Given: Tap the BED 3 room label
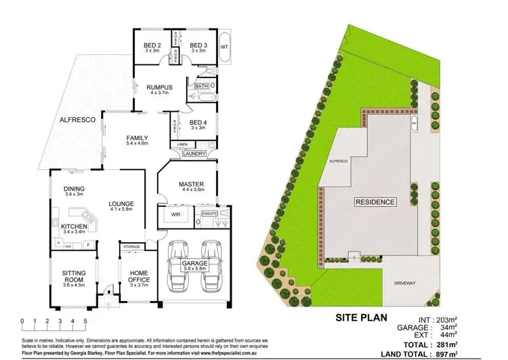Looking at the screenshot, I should click(198, 46).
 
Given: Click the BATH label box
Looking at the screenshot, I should click(202, 86).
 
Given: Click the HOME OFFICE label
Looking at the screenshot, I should click(139, 277).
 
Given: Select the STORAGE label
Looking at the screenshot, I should click(132, 247).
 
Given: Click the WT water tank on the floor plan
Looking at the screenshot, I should click(224, 37).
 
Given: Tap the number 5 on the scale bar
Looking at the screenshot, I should click(86, 320).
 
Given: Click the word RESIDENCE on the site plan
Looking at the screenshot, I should click(375, 202).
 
